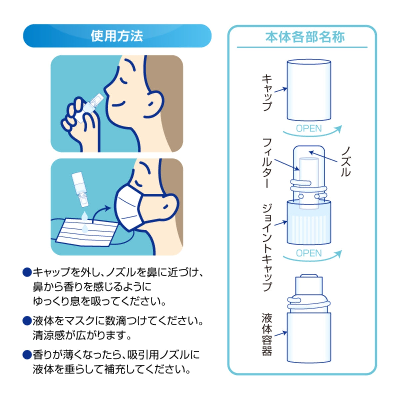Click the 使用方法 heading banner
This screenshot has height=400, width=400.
(117, 36)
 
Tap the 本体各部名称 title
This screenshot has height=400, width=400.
(305, 37)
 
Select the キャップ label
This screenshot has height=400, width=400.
(267, 93)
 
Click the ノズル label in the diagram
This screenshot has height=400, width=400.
(345, 161)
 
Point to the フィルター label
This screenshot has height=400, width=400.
(267, 163)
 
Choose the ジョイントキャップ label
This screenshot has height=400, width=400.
(267, 247)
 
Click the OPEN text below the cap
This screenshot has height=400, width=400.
(309, 128)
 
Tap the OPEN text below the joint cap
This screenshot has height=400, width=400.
(309, 253)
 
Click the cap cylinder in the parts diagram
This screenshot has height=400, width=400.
(309, 90)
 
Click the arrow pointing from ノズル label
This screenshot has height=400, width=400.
(323, 157)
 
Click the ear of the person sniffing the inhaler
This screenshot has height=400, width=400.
(154, 104)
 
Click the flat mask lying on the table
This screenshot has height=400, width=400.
(87, 232)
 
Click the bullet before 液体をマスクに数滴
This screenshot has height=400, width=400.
(27, 321)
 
